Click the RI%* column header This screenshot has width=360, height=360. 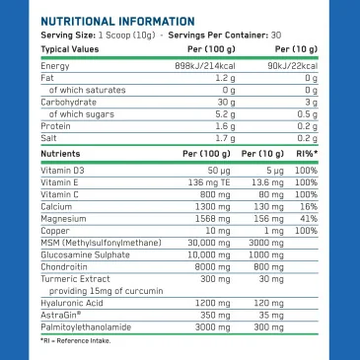(307, 155)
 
